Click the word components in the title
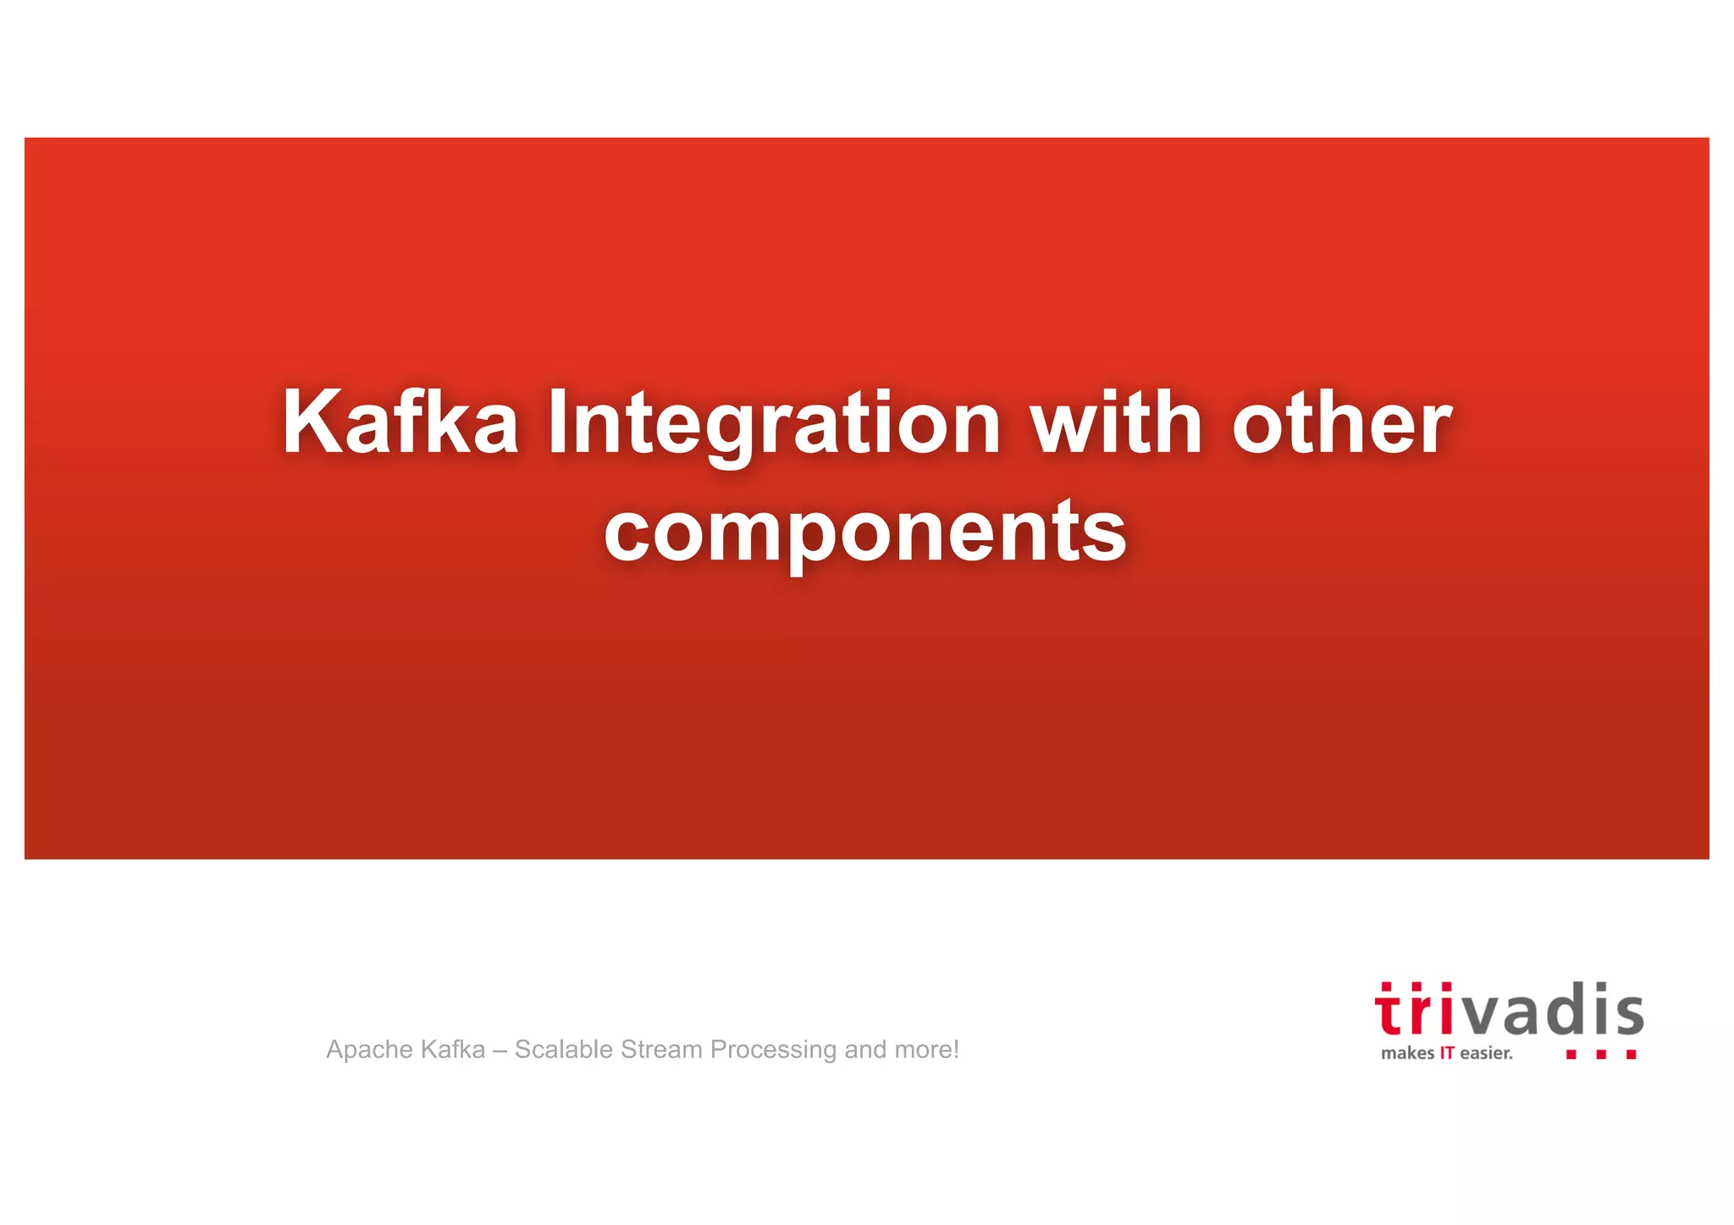coord(865,532)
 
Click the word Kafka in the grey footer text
coord(452,1050)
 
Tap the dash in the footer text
coord(500,1051)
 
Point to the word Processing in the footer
coord(773,1050)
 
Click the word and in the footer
coord(865,1050)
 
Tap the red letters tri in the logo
coord(1412,1011)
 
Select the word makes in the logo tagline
coord(1407,1054)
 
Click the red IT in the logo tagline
coord(1447,1054)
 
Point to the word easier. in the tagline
coord(1486,1054)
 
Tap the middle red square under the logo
coord(1601,1055)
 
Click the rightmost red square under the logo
coord(1632,1055)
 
